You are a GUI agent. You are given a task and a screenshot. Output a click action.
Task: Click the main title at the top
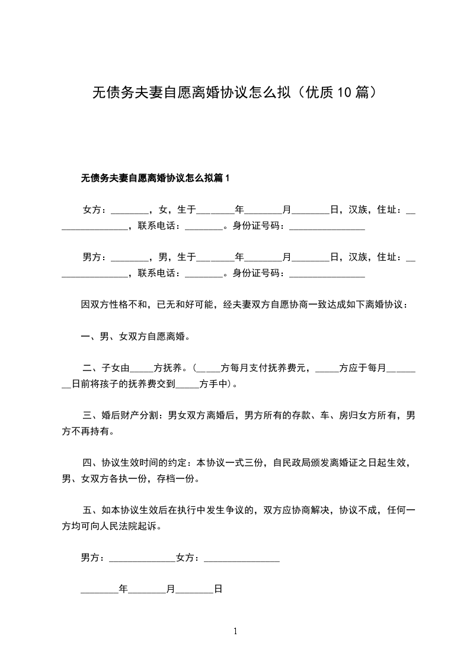235,92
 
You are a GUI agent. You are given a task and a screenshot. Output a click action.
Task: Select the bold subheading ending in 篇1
155,178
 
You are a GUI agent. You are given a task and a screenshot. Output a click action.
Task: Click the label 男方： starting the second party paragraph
95,257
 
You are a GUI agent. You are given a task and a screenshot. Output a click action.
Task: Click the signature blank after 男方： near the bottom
142,559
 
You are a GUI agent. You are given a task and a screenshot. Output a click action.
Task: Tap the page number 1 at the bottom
235,632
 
